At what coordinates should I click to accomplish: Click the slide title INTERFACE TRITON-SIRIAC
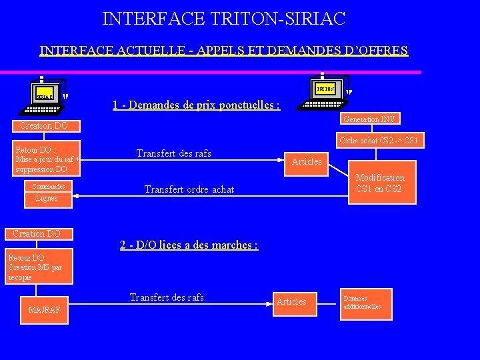224,18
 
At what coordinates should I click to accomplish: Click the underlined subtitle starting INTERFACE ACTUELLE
224,51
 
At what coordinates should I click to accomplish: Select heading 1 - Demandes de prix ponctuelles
196,105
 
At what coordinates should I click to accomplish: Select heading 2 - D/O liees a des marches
189,245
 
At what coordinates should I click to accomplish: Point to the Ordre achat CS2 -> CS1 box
378,141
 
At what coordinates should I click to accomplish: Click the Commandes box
49,187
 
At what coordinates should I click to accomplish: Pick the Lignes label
47,198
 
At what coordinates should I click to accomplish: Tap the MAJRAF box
45,310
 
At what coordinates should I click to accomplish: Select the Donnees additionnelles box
365,303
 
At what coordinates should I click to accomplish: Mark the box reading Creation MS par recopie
38,267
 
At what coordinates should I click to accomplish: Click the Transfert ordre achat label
189,189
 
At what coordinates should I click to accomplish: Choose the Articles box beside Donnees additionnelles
291,302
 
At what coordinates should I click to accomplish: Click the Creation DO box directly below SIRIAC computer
44,125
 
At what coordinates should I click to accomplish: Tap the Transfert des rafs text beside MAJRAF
167,297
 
